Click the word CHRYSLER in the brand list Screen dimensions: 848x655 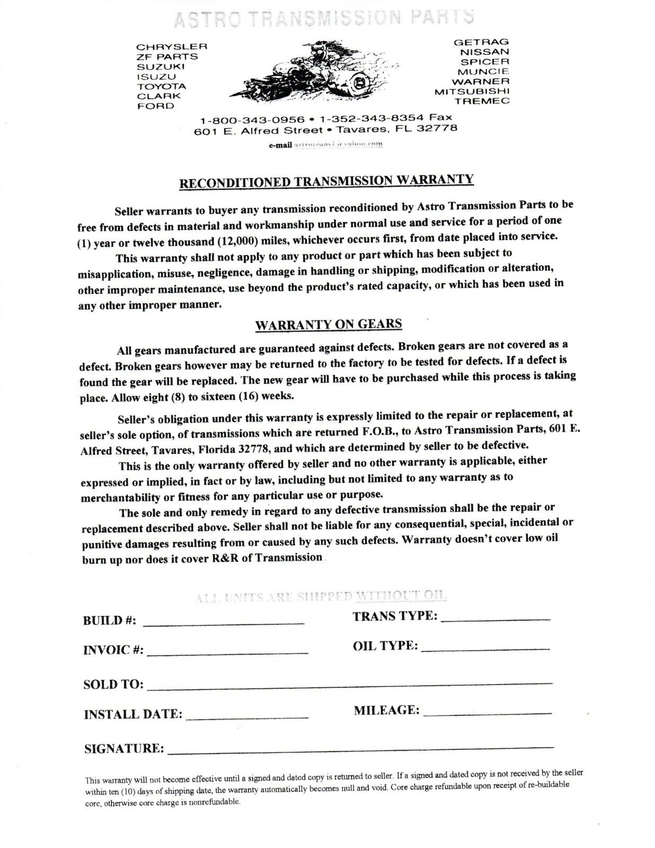[x=172, y=47]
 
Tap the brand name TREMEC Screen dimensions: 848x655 [x=485, y=101]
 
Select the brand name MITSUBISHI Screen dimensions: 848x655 [x=472, y=91]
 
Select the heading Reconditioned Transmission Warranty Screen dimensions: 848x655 [x=327, y=181]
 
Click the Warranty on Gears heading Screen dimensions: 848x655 [x=329, y=324]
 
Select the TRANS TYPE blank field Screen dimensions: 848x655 [x=495, y=619]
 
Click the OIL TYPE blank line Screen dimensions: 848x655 [x=485, y=648]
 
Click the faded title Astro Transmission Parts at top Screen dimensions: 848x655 [x=323, y=18]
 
